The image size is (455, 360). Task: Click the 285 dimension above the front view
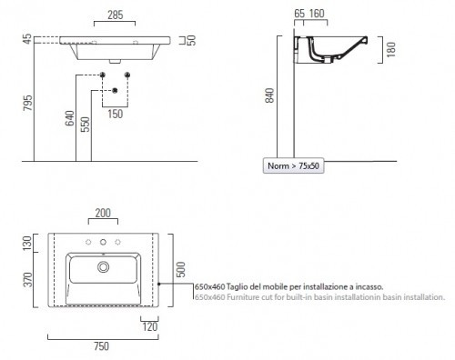coord(116,15)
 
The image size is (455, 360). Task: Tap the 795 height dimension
coord(27,103)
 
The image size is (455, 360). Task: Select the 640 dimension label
coord(70,118)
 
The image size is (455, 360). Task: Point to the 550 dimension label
coord(86,125)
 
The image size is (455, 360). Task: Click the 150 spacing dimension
coord(116,115)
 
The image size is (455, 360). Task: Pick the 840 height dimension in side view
coord(269,95)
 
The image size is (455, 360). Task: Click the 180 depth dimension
coord(391,49)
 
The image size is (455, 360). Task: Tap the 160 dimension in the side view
coord(317,14)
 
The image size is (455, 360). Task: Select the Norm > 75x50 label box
coord(293,165)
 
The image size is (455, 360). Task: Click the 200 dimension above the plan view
coord(103,213)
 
